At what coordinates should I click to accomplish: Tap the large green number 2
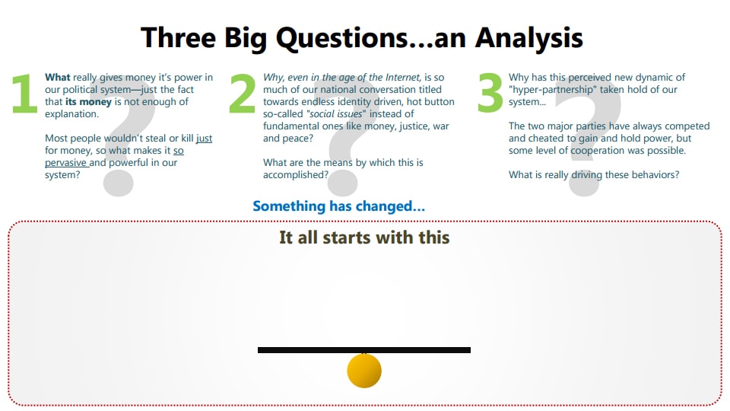pos(242,96)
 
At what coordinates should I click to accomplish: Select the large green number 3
pos(490,96)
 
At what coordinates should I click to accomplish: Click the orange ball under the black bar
pos(364,371)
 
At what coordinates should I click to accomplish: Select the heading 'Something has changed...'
pos(338,206)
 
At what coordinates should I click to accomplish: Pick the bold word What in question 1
pos(58,78)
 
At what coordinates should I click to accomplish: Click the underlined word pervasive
pos(66,163)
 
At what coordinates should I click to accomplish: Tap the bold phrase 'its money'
pos(88,102)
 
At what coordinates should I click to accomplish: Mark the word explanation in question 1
pos(71,114)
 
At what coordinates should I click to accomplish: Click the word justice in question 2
pos(410,126)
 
